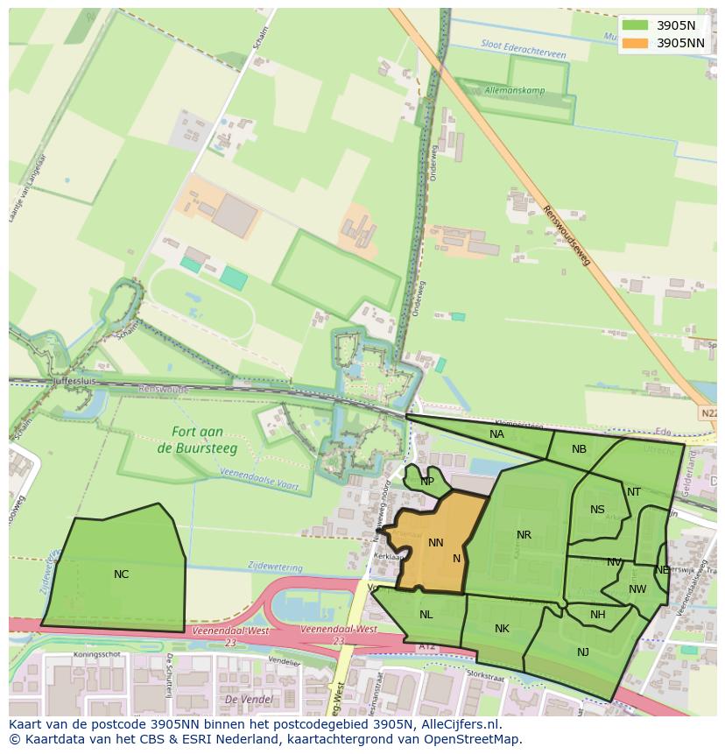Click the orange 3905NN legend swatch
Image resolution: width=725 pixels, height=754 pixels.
click(x=636, y=42)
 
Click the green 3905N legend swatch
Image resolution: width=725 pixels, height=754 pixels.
click(x=636, y=25)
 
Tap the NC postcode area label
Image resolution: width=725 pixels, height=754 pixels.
click(x=121, y=574)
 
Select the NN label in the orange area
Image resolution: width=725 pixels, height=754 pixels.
click(x=435, y=543)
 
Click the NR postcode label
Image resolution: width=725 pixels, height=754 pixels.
click(x=524, y=535)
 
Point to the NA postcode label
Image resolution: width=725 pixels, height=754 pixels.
click(x=496, y=434)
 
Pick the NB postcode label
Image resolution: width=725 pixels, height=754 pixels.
click(x=579, y=449)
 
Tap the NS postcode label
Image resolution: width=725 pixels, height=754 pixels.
click(x=597, y=510)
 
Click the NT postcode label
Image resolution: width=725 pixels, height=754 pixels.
click(x=634, y=492)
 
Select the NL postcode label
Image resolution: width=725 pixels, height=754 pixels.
click(x=426, y=615)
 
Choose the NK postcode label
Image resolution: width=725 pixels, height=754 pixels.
click(x=502, y=629)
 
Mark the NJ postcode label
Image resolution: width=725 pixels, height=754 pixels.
click(x=583, y=652)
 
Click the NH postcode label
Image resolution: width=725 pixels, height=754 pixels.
click(x=597, y=615)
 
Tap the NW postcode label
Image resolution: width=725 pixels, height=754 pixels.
click(x=637, y=589)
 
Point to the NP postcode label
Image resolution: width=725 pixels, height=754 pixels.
click(x=427, y=482)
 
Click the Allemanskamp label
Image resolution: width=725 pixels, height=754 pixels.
click(x=514, y=90)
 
